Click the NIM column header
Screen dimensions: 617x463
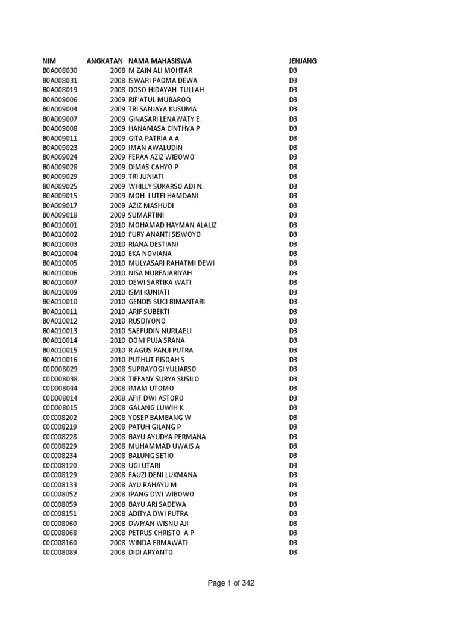49,61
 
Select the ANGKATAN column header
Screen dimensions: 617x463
106,61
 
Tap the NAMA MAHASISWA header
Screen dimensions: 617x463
160,61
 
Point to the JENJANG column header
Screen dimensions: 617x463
303,61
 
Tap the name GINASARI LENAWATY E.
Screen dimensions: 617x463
164,119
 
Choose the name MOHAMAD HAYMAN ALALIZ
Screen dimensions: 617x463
172,225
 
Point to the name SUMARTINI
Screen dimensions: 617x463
146,215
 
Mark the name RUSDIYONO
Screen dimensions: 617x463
147,321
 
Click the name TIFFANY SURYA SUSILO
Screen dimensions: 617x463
163,378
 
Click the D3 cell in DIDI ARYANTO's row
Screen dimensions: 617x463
293,552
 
